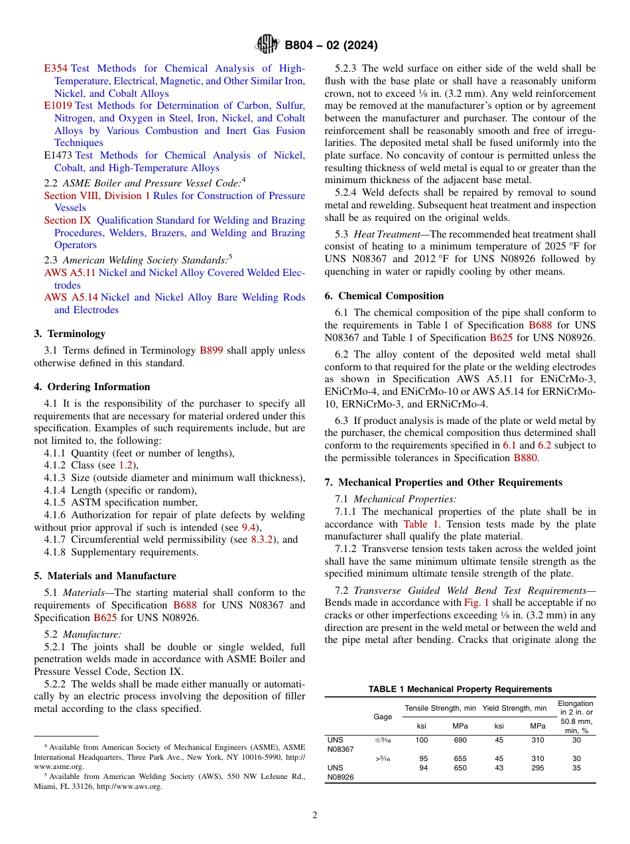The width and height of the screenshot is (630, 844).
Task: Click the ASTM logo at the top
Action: [268, 45]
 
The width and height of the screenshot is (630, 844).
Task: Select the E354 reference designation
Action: [56, 68]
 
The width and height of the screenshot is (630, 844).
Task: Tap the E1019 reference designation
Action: [58, 105]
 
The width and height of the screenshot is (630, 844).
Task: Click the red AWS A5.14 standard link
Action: [71, 297]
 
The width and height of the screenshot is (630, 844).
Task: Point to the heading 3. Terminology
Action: [70, 334]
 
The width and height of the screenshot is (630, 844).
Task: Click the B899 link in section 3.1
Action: [212, 350]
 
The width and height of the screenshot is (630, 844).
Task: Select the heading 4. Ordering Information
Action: [92, 387]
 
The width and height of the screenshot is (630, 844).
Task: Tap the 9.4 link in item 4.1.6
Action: [247, 527]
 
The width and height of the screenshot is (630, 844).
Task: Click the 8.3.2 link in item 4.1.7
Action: [262, 539]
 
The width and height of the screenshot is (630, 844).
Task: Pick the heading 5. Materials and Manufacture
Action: [105, 576]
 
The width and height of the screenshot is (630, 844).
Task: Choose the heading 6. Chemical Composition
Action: [384, 296]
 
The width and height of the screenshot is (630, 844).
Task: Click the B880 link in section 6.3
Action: [526, 458]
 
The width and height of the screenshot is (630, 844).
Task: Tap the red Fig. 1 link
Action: [477, 602]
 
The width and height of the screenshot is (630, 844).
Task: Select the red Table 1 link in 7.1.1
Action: [420, 524]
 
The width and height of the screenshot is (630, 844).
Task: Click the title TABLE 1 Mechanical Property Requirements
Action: [460, 689]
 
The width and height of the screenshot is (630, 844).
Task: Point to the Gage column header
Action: [382, 717]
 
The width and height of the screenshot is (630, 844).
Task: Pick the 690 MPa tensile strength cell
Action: [460, 739]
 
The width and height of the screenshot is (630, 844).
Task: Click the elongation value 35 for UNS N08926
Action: [576, 768]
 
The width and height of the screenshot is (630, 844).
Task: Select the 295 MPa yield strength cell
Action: [537, 768]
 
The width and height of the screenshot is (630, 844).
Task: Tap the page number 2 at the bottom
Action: [315, 815]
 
